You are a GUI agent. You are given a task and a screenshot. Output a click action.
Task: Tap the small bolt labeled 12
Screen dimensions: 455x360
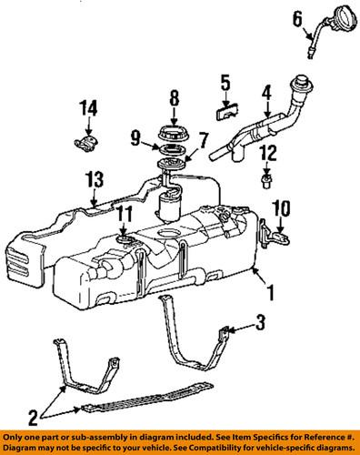tap(266, 180)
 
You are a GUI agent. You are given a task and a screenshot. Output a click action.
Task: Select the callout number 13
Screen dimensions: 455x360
tap(92, 178)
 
